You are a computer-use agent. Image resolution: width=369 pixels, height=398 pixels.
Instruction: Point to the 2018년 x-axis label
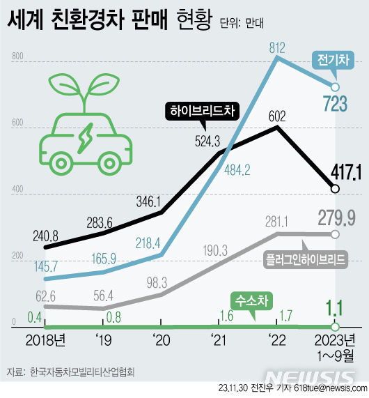click(x=45, y=342)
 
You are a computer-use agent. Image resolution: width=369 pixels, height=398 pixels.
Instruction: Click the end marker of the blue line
click(x=335, y=87)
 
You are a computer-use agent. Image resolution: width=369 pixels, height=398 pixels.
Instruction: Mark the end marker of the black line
click(x=335, y=188)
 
